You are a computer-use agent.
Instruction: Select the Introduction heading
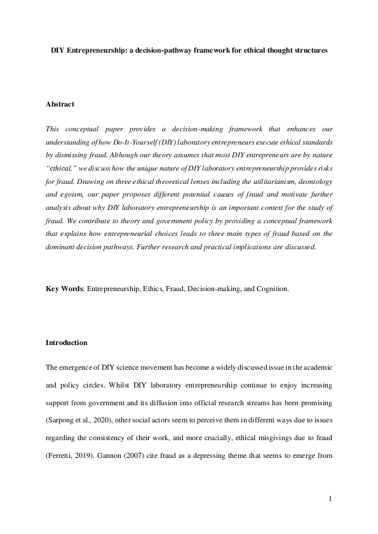coord(67,342)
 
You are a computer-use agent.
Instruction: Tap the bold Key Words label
coord(64,289)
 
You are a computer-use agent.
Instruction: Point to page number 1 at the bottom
coord(330,500)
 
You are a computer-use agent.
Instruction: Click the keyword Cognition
coord(271,289)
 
